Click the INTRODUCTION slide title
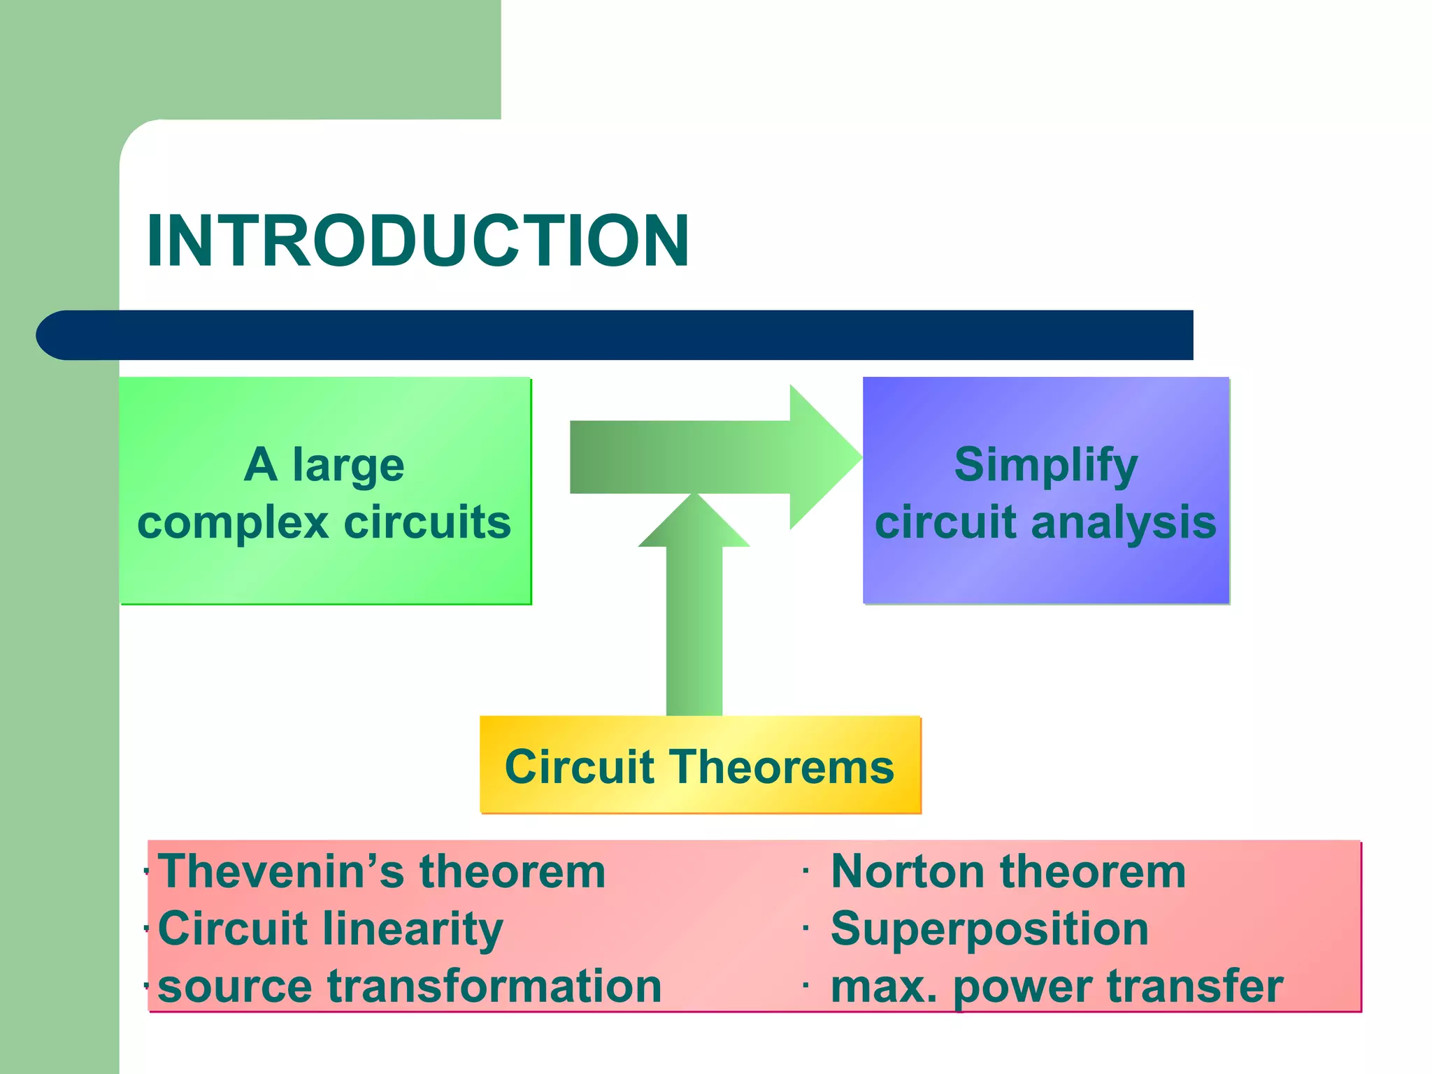(x=417, y=241)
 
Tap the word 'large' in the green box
(x=348, y=465)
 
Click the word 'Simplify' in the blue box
(x=1046, y=465)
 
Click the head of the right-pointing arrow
(x=825, y=457)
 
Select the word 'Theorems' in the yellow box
(x=783, y=767)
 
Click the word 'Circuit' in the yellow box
(x=579, y=767)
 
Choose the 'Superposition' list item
(x=989, y=929)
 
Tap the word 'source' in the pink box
(x=235, y=987)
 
